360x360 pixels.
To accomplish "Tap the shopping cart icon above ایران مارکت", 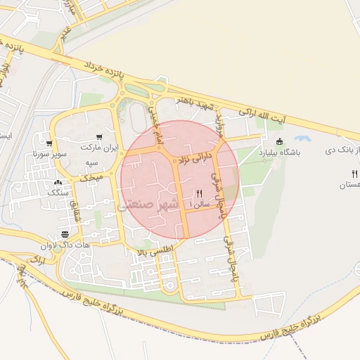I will [98, 136].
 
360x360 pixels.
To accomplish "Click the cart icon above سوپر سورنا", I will [49, 141].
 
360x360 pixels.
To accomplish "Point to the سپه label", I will [91, 162].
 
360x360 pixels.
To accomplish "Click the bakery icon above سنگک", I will [56, 181].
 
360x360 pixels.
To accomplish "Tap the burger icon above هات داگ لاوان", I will [65, 233].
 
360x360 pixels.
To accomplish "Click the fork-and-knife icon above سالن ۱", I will [199, 193].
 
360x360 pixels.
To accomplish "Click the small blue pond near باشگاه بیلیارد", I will [303, 139].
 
